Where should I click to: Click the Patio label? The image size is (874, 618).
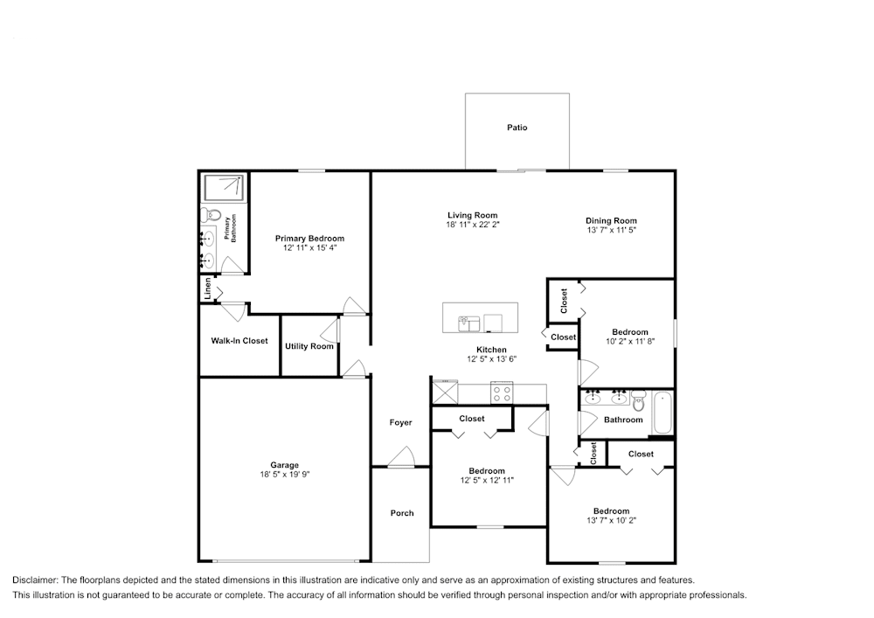pyautogui.click(x=517, y=128)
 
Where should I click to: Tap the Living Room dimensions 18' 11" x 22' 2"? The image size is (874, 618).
pyautogui.click(x=472, y=225)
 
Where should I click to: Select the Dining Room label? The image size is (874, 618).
pyautogui.click(x=611, y=221)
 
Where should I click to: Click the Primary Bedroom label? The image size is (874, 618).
pyautogui.click(x=309, y=239)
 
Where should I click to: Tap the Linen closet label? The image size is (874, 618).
pyautogui.click(x=208, y=289)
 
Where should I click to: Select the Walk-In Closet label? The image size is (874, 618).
pyautogui.click(x=239, y=341)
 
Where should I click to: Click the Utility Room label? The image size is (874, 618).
pyautogui.click(x=309, y=346)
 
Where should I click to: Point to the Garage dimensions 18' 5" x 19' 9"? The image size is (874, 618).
pyautogui.click(x=284, y=475)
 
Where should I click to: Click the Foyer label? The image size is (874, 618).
pyautogui.click(x=400, y=423)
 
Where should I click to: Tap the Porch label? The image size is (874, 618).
pyautogui.click(x=402, y=513)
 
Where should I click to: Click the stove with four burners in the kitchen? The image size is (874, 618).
pyautogui.click(x=503, y=392)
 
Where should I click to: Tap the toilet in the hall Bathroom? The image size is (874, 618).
pyautogui.click(x=639, y=402)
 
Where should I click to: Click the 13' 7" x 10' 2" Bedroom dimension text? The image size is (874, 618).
pyautogui.click(x=611, y=521)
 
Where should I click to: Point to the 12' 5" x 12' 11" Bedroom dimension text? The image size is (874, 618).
pyautogui.click(x=486, y=481)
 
